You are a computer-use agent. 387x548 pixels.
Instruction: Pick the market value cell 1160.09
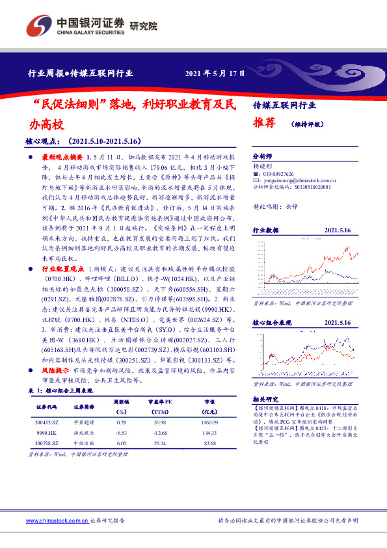coord(209,422)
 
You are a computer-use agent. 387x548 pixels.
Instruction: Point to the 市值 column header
coord(209,402)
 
